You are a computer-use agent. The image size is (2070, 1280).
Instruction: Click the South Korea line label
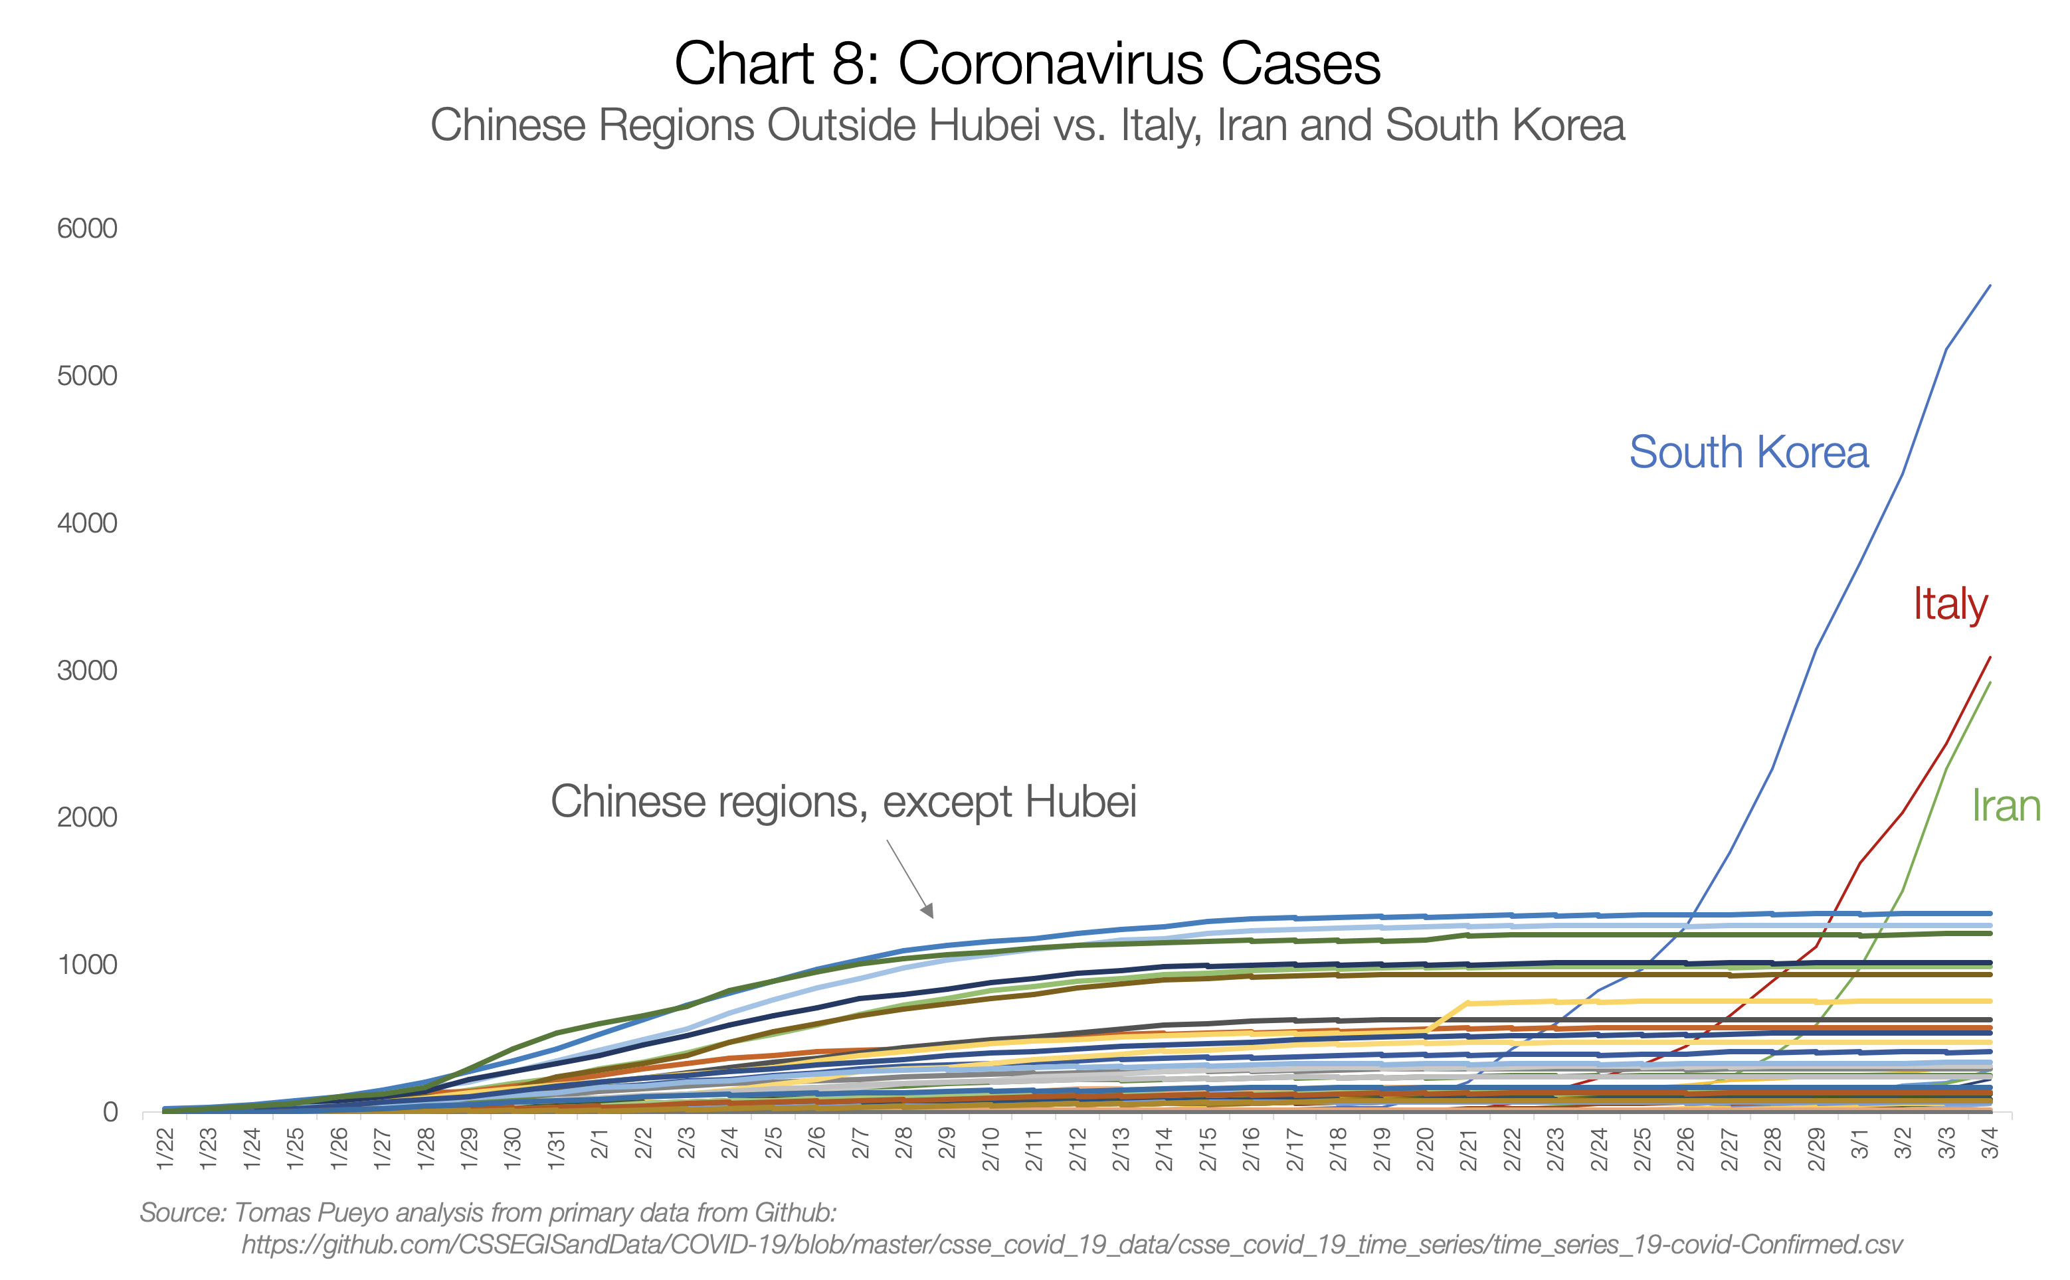[x=1748, y=452]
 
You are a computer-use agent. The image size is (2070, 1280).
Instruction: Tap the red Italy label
[x=1950, y=604]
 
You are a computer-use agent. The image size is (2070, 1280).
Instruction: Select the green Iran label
[x=2006, y=806]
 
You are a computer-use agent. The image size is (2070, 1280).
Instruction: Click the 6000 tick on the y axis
[x=86, y=228]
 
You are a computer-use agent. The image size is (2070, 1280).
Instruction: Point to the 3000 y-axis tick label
[x=86, y=671]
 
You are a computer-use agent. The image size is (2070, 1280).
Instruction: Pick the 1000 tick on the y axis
[x=86, y=965]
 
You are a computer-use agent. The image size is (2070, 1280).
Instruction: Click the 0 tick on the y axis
[x=110, y=1113]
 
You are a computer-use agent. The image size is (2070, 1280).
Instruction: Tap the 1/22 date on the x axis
[x=165, y=1149]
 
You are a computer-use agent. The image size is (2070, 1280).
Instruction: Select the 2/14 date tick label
[x=1165, y=1149]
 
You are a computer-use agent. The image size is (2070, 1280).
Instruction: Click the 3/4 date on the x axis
[x=1990, y=1143]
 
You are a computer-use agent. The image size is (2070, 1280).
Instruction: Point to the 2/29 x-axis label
[x=1816, y=1149]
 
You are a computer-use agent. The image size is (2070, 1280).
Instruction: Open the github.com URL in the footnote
[x=1072, y=1244]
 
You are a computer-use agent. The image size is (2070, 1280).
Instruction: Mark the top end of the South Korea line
[x=1990, y=286]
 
